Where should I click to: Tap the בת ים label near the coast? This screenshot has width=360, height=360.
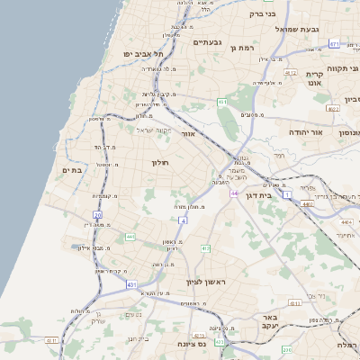(71, 169)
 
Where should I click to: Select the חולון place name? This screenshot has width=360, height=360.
(162, 163)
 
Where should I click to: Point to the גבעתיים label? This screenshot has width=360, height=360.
(207, 42)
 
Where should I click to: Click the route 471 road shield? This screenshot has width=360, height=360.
(334, 43)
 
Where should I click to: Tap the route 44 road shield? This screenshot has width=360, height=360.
(234, 193)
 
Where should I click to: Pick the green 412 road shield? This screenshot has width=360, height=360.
(205, 247)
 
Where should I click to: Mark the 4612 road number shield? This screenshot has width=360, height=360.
(290, 73)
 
